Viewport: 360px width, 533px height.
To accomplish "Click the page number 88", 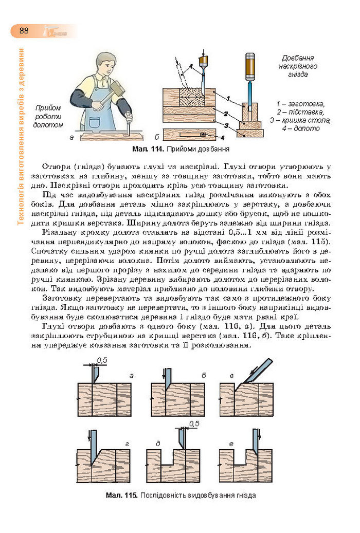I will click(x=24, y=30).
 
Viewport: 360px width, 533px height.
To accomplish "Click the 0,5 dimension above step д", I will click(x=194, y=424).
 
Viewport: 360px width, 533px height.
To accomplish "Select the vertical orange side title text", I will click(x=21, y=136).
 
